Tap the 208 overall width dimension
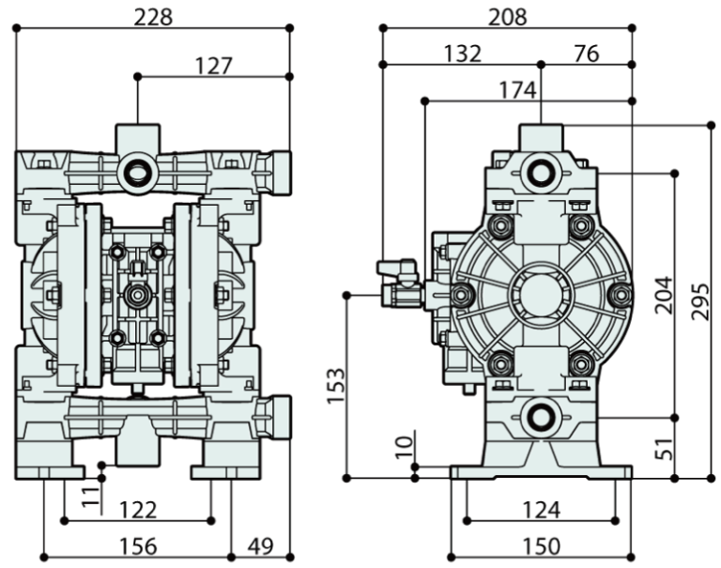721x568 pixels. click(508, 16)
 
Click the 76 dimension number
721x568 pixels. click(586, 53)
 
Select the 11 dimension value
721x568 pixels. click(89, 495)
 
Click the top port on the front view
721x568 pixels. click(137, 171)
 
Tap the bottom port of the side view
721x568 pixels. click(541, 415)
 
